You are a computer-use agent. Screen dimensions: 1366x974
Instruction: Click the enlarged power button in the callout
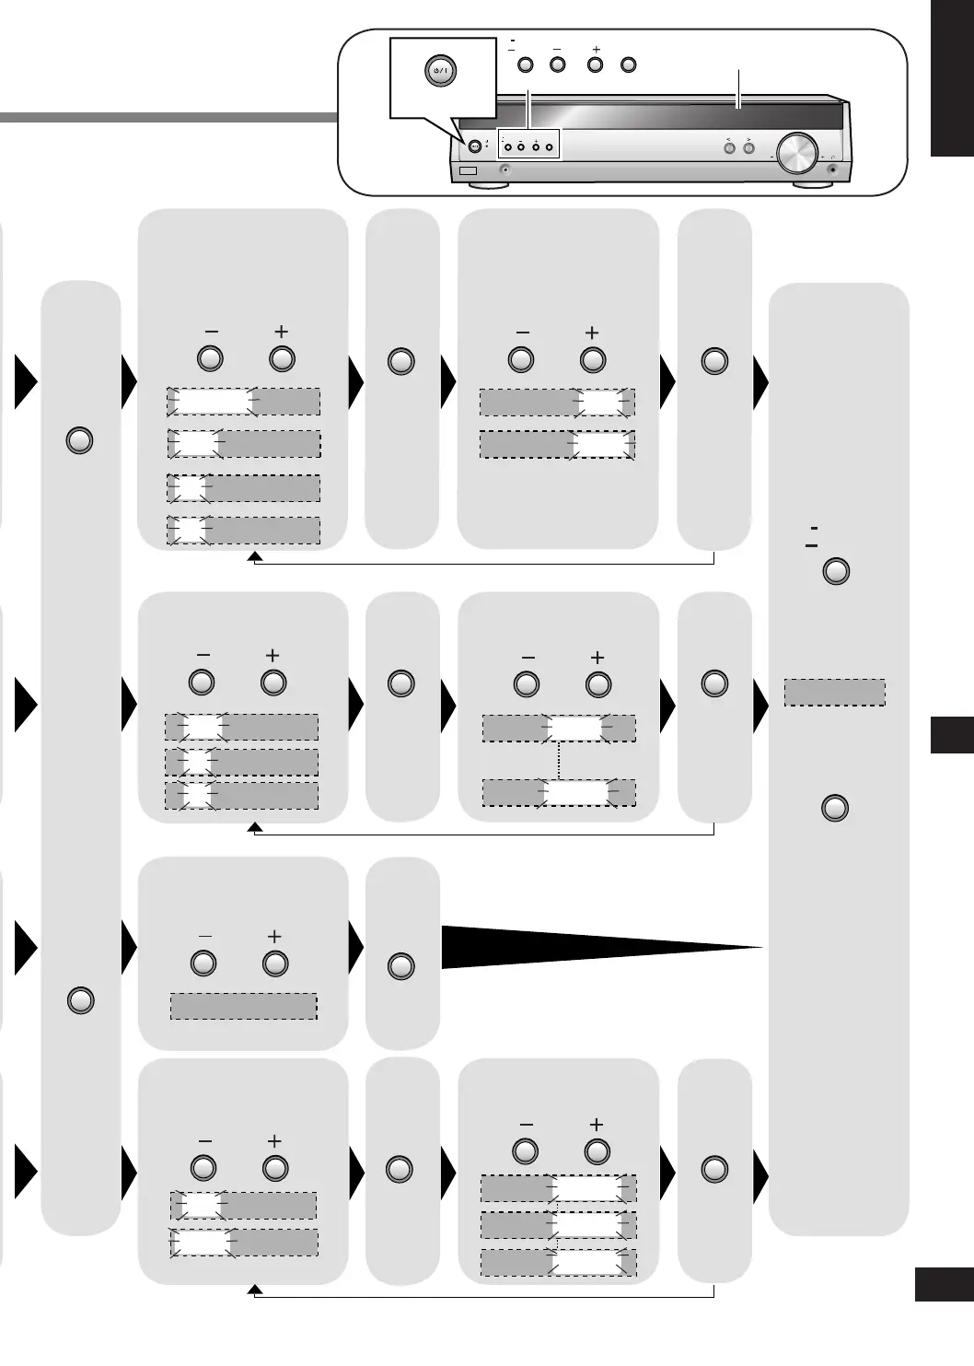click(x=440, y=71)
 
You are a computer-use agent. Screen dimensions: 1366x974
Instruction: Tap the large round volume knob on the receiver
click(x=797, y=153)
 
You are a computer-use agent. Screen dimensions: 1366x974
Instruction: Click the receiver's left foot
click(x=488, y=184)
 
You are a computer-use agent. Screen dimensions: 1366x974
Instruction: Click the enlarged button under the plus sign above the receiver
click(x=596, y=65)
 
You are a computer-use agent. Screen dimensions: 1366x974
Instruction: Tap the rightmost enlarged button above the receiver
click(x=629, y=65)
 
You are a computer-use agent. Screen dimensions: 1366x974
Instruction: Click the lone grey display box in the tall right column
click(x=834, y=692)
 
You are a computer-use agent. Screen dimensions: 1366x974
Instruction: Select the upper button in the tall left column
click(x=80, y=441)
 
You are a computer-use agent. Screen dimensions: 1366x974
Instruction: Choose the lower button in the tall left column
click(x=81, y=1000)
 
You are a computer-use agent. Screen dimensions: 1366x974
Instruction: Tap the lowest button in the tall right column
click(x=834, y=809)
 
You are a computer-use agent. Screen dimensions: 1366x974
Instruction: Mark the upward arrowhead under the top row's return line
click(x=255, y=557)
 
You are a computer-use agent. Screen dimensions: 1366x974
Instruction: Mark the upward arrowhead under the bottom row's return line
click(x=256, y=1290)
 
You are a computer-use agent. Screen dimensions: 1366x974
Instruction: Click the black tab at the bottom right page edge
click(x=945, y=1284)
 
